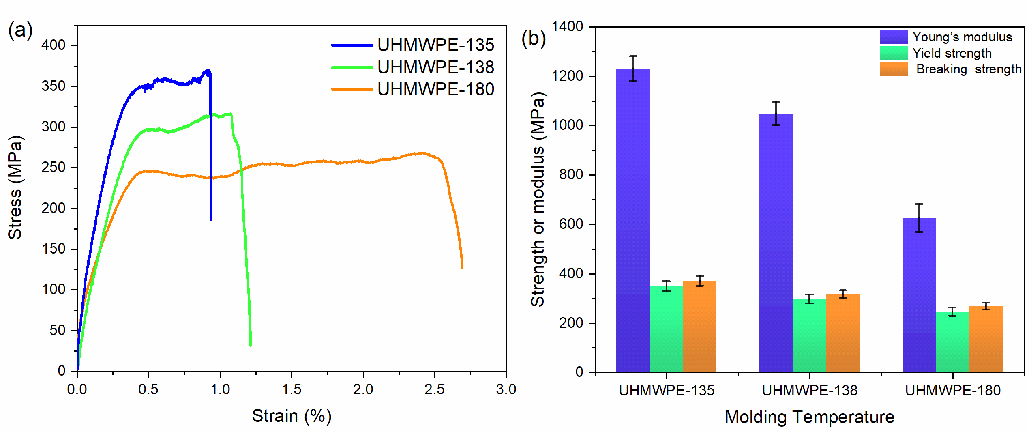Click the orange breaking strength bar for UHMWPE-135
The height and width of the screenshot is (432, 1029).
click(x=700, y=327)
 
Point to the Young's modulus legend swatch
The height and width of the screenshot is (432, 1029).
click(x=894, y=37)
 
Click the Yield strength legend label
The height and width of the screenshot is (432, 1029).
click(x=952, y=53)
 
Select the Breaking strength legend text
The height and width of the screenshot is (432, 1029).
click(x=969, y=69)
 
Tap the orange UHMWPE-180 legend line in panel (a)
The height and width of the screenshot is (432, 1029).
click(x=352, y=89)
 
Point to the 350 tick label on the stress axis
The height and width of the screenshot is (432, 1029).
click(x=53, y=86)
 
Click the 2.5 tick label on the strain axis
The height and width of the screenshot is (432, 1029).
click(x=434, y=390)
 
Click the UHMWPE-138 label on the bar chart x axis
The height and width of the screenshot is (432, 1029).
click(x=810, y=391)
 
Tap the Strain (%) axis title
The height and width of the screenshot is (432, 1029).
click(x=292, y=416)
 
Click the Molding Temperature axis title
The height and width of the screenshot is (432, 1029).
click(x=809, y=417)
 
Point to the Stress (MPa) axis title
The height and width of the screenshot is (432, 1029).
click(x=15, y=187)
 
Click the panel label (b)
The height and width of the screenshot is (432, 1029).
click(x=534, y=39)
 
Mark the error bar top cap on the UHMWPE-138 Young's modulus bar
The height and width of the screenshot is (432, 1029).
click(x=776, y=102)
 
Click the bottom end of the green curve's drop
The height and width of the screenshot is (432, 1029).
click(x=251, y=345)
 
